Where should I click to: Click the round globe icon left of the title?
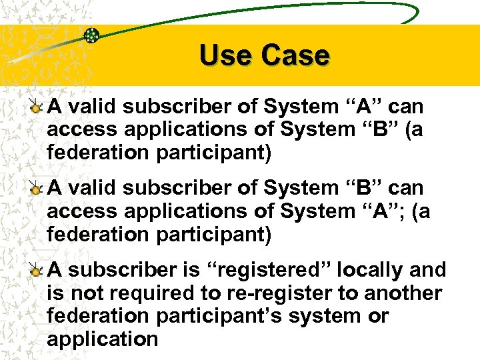(92, 35)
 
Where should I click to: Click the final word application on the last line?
(102, 339)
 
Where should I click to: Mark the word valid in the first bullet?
(93, 106)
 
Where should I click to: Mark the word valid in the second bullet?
(93, 189)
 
